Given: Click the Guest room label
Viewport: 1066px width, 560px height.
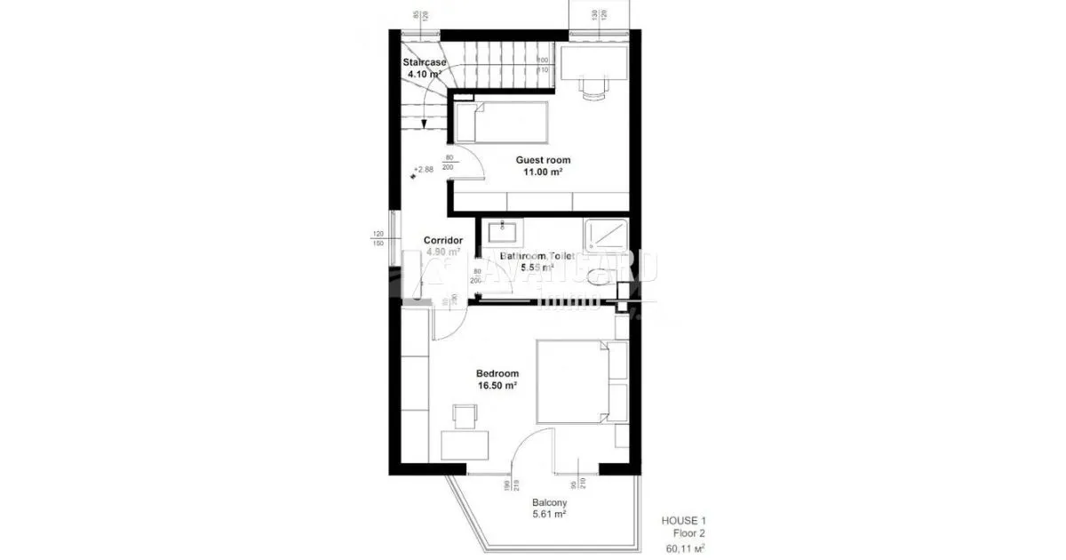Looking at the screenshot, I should point(544,160).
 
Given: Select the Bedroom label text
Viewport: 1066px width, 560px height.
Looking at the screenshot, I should point(497,374).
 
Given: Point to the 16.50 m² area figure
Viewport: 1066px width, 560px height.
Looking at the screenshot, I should point(497,387).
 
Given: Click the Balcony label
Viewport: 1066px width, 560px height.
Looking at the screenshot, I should point(550,502).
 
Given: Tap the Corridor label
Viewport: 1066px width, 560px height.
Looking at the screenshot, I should point(443,240).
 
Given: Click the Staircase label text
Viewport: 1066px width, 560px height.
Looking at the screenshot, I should point(425,62).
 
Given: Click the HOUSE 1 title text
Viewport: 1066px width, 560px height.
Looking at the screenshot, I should point(683,521).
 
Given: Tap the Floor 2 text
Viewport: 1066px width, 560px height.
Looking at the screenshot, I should point(689,535).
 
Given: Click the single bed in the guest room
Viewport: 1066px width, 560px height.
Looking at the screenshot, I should point(503,122).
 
